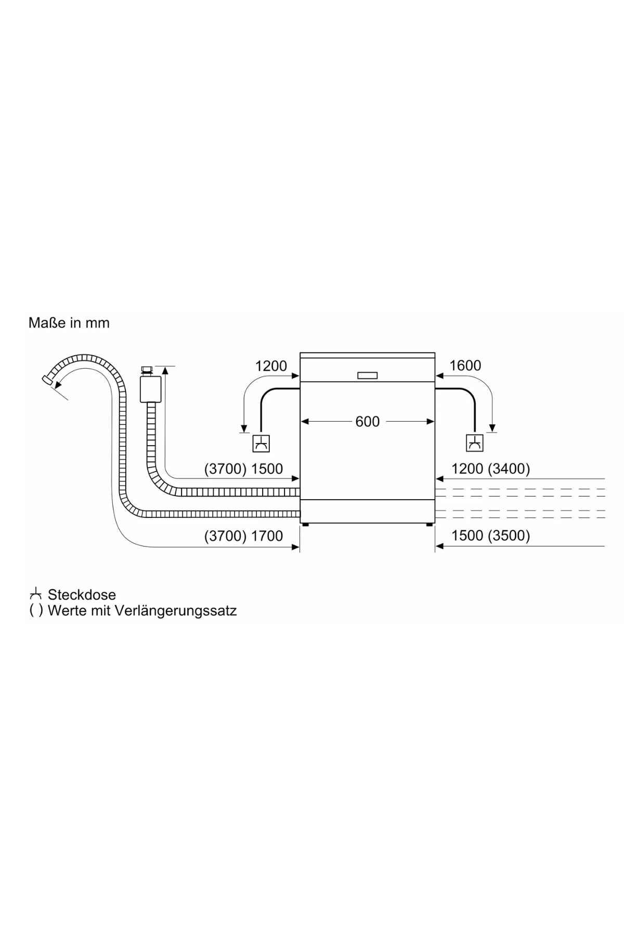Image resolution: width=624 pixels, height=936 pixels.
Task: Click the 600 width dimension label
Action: tap(367, 421)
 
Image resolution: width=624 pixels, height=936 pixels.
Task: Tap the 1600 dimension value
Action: tap(465, 366)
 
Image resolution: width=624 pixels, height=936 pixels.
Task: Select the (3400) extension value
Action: tap(509, 469)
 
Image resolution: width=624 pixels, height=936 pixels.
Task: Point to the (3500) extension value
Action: tap(509, 536)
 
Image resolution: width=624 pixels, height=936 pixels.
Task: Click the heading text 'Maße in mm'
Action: tap(69, 323)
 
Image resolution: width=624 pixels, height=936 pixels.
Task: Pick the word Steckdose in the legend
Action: tap(82, 594)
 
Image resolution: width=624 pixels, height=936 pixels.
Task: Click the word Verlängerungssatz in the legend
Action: tap(175, 610)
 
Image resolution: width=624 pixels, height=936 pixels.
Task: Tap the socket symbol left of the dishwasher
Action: tap(261, 444)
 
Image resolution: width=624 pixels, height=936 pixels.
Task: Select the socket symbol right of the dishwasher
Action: tap(474, 443)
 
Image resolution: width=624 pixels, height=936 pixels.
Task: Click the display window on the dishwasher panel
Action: tap(367, 375)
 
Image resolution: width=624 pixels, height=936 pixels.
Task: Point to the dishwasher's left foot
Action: tap(305, 525)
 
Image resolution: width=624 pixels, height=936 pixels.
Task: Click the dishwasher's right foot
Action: tap(429, 525)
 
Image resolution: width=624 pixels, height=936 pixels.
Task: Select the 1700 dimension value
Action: tap(267, 536)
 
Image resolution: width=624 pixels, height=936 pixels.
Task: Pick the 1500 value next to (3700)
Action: tap(267, 469)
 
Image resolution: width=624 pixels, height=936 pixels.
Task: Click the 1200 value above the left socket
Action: tap(271, 366)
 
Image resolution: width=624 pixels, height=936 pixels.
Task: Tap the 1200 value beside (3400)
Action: tap(467, 469)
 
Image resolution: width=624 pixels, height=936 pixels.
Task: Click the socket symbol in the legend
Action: tap(35, 594)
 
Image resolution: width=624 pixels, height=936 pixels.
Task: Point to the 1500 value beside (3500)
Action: tap(467, 536)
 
